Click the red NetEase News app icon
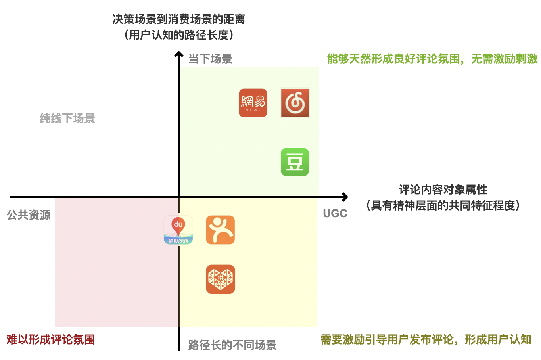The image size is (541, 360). point(253,103)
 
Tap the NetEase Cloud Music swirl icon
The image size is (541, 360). point(295,103)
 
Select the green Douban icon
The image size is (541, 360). point(295,162)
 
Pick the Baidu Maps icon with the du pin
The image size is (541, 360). point(178,230)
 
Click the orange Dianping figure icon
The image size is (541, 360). point(221,230)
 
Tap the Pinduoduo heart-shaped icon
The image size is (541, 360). point(221,279)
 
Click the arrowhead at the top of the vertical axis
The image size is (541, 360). point(179,54)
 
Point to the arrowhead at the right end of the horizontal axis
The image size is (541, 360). point(345,197)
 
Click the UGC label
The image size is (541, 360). point(335,214)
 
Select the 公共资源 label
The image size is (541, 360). point(29,215)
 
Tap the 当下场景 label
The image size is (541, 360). point(210,59)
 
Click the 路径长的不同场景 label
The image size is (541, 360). point(232,345)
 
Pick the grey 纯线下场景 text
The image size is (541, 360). point(67,118)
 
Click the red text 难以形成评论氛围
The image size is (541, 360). point(51,340)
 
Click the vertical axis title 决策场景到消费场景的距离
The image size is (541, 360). point(178,19)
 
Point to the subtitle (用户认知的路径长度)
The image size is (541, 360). point(178,35)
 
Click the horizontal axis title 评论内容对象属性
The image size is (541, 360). point(443,190)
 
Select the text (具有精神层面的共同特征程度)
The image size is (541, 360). point(443,205)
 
